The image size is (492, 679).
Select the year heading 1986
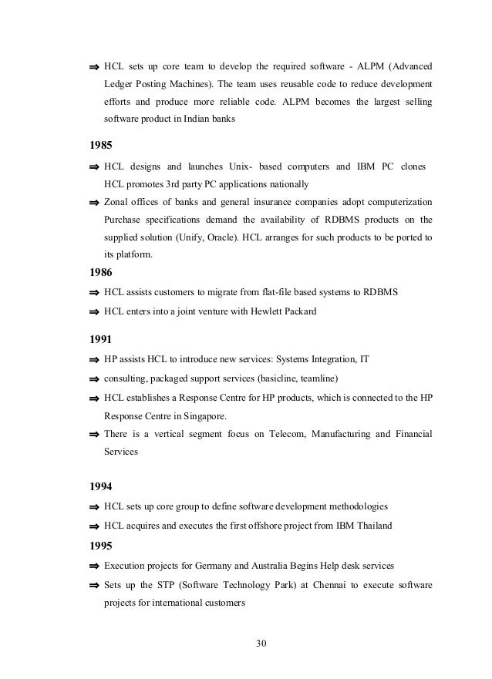coord(100,272)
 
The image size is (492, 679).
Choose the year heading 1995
coord(100,546)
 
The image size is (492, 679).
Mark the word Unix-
coord(244,166)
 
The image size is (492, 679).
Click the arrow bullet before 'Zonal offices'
coord(94,203)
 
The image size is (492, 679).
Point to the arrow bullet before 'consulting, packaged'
coord(94,378)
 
